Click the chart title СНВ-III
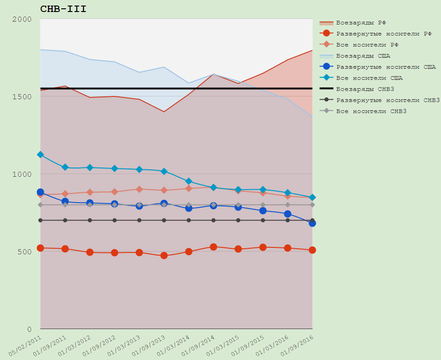(63, 9)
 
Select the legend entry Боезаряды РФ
(362, 22)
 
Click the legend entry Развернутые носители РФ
(384, 33)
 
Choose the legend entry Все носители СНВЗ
(371, 111)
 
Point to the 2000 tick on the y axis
(22, 19)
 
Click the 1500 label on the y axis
(22, 97)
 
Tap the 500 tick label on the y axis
(24, 252)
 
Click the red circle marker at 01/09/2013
(164, 255)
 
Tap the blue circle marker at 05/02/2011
(40, 192)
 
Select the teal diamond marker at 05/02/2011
(40, 155)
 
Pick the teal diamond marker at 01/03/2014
(188, 181)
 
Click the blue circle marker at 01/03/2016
(288, 214)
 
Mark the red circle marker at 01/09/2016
(312, 250)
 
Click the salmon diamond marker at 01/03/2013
(139, 189)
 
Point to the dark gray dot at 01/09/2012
(115, 220)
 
